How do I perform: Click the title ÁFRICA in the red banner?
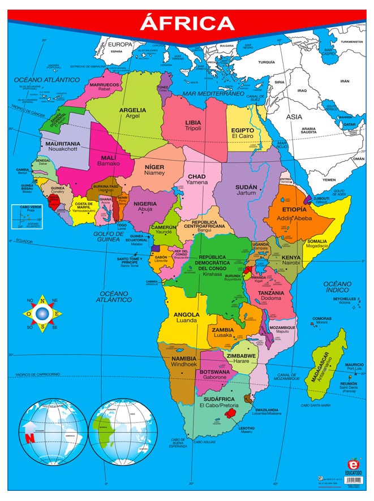point(187,23)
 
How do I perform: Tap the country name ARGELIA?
point(132,110)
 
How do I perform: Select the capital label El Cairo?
point(243,137)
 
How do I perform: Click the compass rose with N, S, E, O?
point(42,313)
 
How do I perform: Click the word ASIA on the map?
point(294,116)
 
